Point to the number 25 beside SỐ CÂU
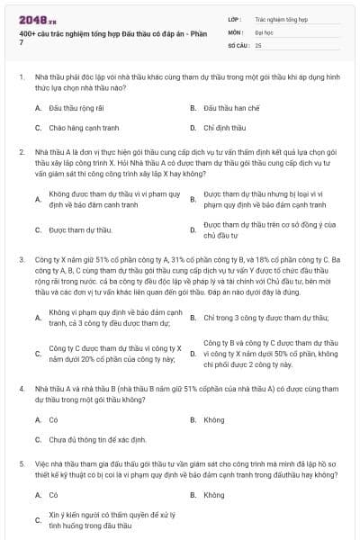click(x=258, y=44)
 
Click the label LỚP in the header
click(x=235, y=17)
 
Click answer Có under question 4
click(x=53, y=419)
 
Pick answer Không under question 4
click(x=214, y=419)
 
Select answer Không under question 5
click(x=214, y=495)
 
